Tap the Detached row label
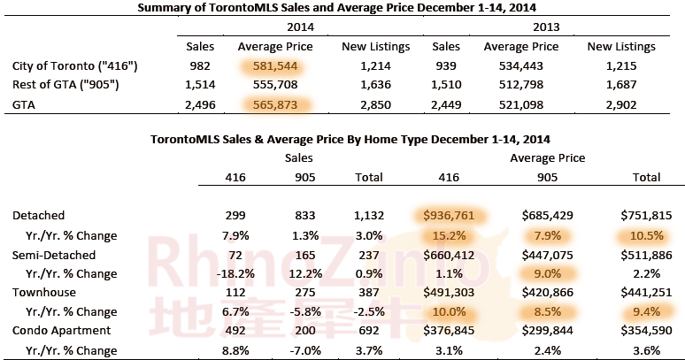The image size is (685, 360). click(38, 215)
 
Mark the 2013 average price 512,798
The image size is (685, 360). click(520, 86)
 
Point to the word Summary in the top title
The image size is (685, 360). click(164, 8)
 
